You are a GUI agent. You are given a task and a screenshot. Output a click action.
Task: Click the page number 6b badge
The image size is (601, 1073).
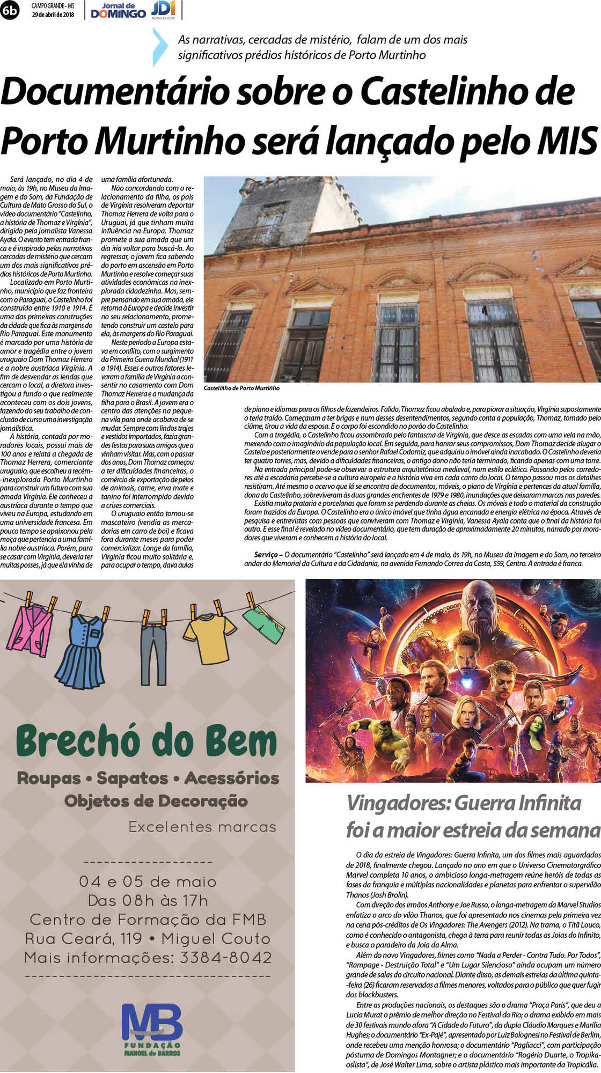(9, 10)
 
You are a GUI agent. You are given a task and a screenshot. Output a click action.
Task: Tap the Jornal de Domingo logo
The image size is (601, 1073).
(119, 11)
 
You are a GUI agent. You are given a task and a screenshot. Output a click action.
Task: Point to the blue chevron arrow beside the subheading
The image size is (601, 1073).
(160, 47)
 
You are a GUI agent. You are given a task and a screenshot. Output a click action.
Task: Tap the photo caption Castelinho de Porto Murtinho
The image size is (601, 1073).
(241, 388)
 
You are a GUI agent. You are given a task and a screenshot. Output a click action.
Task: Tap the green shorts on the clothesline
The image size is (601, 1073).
(263, 623)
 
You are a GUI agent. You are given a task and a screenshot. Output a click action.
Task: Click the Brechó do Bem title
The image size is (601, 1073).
(146, 741)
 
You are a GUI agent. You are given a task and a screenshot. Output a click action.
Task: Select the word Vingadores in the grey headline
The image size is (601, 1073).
(398, 803)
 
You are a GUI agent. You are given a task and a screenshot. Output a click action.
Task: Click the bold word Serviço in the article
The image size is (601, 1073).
(266, 554)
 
